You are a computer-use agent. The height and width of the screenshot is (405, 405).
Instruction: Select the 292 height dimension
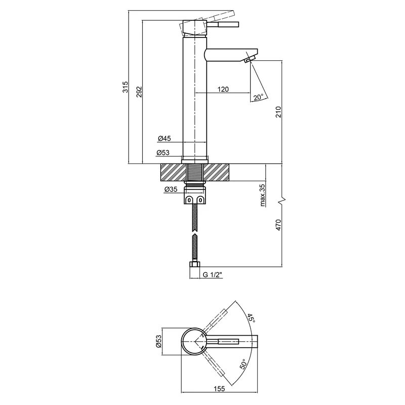(x=140, y=91)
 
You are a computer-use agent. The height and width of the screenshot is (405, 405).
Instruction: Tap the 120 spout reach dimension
(x=223, y=89)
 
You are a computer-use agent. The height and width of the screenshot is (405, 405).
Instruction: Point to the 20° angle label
(x=259, y=97)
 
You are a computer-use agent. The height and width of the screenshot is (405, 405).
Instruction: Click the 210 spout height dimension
(x=278, y=112)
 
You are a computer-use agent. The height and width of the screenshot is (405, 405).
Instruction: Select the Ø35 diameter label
(x=171, y=189)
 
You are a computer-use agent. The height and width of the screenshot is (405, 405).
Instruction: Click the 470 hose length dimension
(x=278, y=226)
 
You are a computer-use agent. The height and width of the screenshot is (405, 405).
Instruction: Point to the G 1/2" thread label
(x=213, y=275)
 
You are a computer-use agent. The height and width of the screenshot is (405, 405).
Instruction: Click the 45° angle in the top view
(x=251, y=318)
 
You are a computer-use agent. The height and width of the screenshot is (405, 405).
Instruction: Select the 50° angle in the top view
(x=244, y=366)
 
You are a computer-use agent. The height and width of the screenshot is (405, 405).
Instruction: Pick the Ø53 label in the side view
(x=165, y=152)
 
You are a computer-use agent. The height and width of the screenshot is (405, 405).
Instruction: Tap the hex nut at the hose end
(x=194, y=266)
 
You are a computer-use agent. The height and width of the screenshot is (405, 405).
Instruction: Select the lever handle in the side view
(x=223, y=24)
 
